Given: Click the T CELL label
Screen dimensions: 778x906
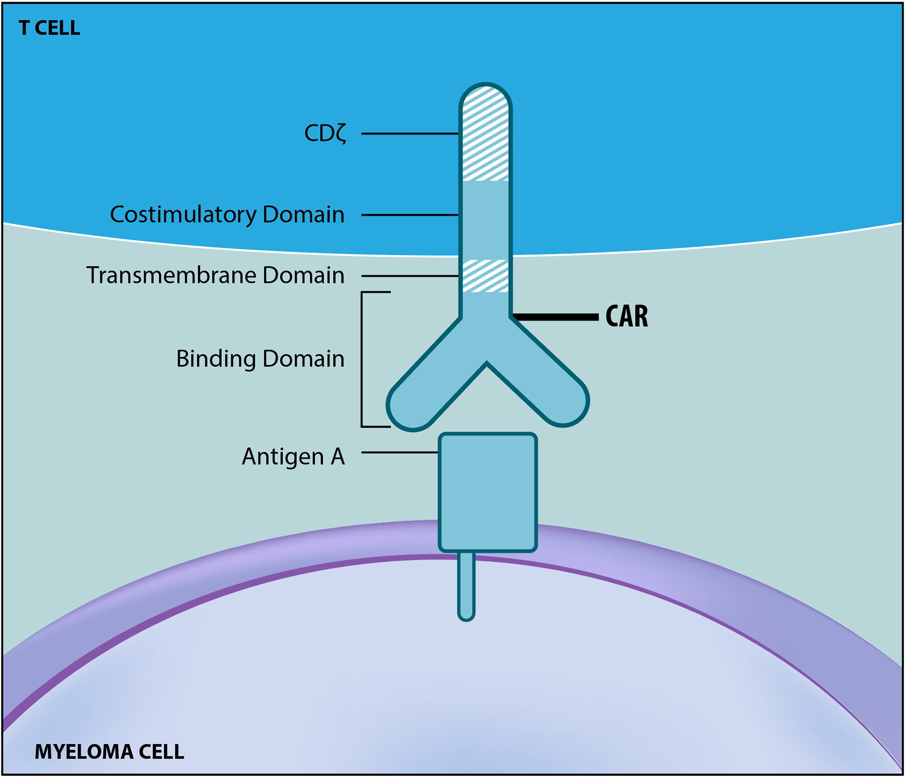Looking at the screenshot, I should tap(50, 28).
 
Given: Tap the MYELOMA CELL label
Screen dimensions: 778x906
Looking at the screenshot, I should tap(109, 752).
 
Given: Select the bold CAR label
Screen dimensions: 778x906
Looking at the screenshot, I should tap(627, 316).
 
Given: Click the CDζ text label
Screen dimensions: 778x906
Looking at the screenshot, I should tap(326, 134).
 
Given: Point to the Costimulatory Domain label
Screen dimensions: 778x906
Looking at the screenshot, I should tap(227, 215).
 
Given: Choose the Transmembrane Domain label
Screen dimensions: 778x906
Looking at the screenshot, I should tap(215, 276).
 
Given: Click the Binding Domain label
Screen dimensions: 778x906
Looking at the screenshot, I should tap(260, 359).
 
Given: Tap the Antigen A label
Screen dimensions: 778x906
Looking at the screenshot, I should tap(293, 457).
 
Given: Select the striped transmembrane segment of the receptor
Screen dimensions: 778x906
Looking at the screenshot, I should tap(486, 276).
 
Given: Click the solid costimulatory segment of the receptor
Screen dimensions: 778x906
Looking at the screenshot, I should tap(486, 219).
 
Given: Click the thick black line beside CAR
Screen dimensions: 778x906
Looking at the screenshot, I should tap(556, 317).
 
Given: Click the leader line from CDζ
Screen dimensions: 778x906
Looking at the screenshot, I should tap(410, 134).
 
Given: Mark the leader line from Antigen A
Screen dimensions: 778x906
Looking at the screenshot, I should tap(400, 452).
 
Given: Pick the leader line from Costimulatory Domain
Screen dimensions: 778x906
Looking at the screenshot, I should tap(410, 215).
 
